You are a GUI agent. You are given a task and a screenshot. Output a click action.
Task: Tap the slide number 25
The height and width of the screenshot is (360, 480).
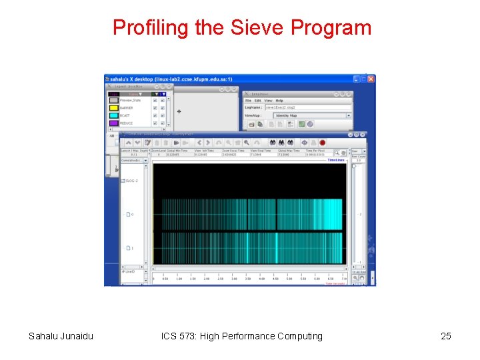click(x=446, y=336)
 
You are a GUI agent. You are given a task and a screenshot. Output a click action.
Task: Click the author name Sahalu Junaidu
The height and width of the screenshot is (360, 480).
click(x=61, y=336)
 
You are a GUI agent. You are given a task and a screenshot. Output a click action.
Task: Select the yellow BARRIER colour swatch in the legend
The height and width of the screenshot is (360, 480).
click(x=114, y=108)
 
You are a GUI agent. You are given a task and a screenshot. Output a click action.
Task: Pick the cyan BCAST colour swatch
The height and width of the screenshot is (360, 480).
click(x=114, y=115)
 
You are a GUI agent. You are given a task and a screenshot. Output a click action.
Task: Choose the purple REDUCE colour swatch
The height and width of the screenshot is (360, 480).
click(x=114, y=123)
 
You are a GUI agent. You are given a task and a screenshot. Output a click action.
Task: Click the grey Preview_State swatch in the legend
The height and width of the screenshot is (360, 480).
click(x=114, y=101)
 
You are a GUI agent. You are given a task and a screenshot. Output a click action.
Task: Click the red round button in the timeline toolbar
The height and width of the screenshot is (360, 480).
click(x=322, y=143)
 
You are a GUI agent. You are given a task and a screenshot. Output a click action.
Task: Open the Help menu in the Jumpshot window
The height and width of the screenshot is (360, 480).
click(x=279, y=101)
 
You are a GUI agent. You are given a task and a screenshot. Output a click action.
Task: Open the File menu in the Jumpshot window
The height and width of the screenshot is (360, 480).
click(x=248, y=101)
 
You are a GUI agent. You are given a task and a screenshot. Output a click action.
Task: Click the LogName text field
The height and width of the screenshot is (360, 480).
click(x=307, y=107)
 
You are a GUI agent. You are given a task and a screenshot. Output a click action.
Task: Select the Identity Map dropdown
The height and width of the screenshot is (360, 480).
click(x=311, y=115)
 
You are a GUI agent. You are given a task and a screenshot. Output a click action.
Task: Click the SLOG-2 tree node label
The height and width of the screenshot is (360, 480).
click(x=131, y=181)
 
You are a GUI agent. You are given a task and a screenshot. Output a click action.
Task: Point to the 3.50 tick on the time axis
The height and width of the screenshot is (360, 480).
click(x=248, y=279)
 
